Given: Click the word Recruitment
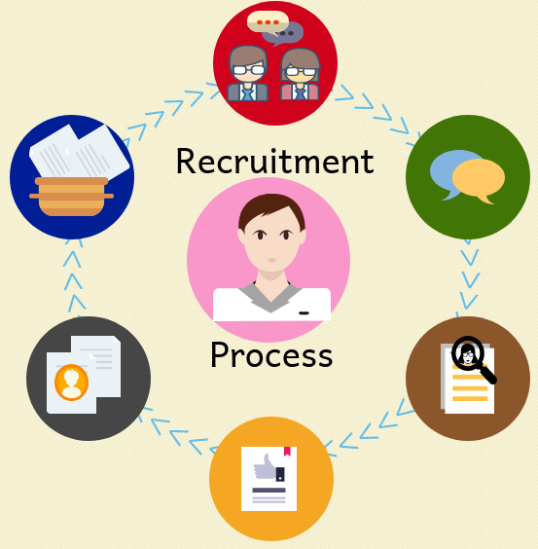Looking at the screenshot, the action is point(275,161).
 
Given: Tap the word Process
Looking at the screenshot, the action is point(271,354).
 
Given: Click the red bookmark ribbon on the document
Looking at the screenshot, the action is point(287,452).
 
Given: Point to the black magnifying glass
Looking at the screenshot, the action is point(473,359).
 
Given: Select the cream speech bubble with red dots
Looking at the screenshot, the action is point(268,22).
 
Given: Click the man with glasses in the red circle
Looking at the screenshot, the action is point(248,74).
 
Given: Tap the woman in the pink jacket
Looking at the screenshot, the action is point(300,75).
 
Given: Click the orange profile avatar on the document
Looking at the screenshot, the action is point(71,382).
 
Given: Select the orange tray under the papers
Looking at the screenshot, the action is point(71,197).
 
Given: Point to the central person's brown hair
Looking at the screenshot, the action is point(271,210).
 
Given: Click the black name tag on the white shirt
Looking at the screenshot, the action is point(304,313).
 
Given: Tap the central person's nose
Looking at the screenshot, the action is point(272,260).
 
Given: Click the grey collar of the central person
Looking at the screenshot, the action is point(270,297).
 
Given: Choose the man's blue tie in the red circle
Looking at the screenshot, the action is point(247,94).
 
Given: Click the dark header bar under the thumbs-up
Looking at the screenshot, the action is point(269,491).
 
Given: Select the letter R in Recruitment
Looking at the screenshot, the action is point(185,162).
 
